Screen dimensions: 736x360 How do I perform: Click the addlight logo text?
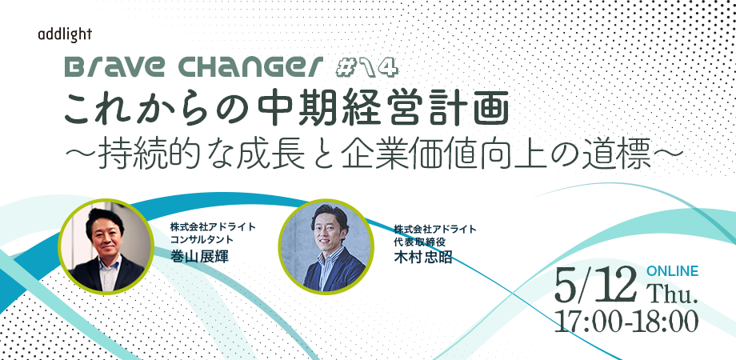tap(65, 35)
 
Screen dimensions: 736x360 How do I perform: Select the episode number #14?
tap(367, 69)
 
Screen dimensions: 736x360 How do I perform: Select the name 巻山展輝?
tap(199, 256)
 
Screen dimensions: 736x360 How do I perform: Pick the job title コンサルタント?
tap(202, 239)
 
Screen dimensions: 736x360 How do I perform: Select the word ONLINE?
tap(672, 271)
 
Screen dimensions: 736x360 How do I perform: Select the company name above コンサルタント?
tap(214, 226)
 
